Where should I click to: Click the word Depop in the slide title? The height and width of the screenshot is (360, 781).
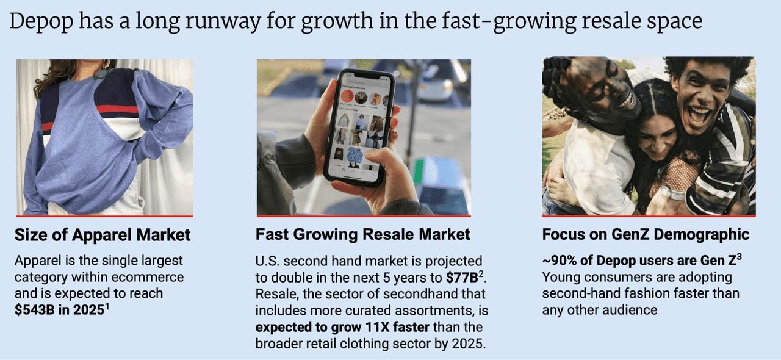click(41, 21)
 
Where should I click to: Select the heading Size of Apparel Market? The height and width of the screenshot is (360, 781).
click(103, 235)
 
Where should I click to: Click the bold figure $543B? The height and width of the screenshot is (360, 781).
click(35, 310)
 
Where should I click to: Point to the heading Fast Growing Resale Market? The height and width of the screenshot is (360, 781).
click(363, 234)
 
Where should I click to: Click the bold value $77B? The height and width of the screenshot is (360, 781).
click(462, 278)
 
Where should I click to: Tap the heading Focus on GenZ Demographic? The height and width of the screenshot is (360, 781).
click(646, 234)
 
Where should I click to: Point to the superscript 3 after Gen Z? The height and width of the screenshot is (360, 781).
click(740, 257)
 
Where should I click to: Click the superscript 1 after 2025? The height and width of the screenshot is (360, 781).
click(107, 306)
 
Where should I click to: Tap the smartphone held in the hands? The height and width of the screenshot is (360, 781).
click(359, 128)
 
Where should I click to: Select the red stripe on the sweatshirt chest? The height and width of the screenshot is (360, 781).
click(117, 110)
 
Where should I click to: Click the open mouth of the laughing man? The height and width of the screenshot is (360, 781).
click(699, 116)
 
